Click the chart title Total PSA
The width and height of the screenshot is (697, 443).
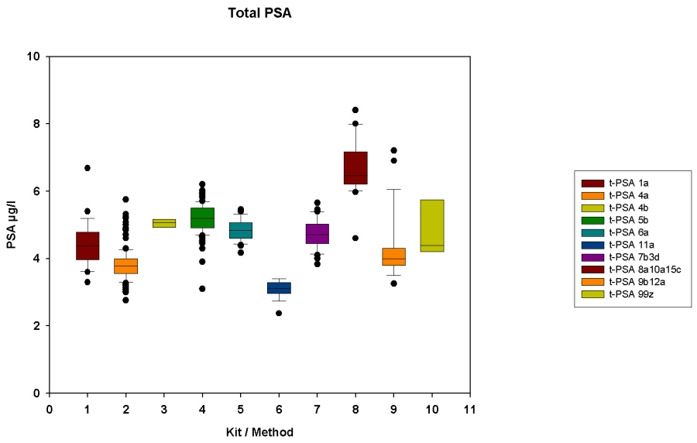[259, 13]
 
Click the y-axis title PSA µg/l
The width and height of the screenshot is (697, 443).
[12, 225]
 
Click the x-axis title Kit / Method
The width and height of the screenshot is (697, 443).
[259, 431]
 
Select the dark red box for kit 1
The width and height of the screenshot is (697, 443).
[88, 246]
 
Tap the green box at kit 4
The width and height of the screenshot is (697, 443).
[202, 218]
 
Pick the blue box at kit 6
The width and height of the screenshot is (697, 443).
[279, 287]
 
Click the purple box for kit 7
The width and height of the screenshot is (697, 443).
[318, 233]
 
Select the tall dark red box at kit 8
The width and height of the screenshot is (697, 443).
[355, 168]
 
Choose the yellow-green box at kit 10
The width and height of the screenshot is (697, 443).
[432, 225]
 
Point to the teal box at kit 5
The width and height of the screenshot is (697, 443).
[241, 230]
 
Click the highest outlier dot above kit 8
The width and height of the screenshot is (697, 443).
[355, 110]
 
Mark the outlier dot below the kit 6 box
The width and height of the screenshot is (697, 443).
[279, 313]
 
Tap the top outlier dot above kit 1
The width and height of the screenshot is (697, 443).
[88, 167]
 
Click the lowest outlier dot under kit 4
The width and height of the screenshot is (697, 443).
[202, 288]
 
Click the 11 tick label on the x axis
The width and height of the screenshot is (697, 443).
[470, 408]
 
